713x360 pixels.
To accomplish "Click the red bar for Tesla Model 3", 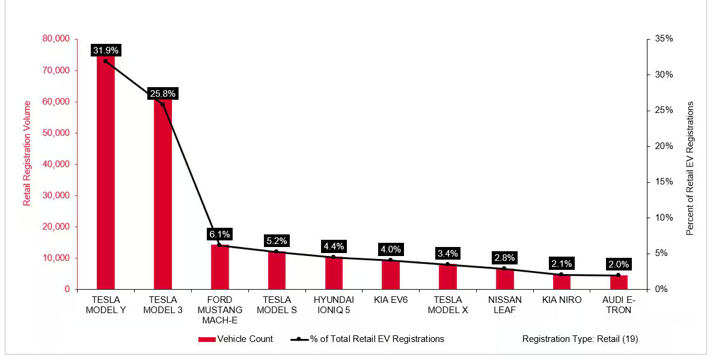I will (162, 198).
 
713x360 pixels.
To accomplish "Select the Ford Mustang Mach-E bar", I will (219, 267).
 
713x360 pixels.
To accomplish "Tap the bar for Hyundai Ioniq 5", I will (334, 273).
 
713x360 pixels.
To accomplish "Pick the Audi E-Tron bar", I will (619, 282).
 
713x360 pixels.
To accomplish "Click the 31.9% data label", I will (106, 50).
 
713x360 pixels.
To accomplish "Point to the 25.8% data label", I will (163, 94).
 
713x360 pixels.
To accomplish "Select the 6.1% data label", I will (219, 234).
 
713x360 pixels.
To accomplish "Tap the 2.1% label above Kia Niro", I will (562, 264).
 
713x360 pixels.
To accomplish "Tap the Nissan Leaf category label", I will (504, 305).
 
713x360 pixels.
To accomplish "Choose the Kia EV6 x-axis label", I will (390, 300).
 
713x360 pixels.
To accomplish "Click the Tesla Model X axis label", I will (447, 305).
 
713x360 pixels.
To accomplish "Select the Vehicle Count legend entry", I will (236, 339).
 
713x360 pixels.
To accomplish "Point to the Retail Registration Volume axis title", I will (27, 153).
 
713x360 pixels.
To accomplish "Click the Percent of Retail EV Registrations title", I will (690, 168).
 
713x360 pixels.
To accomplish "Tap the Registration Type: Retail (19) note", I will (580, 339).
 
